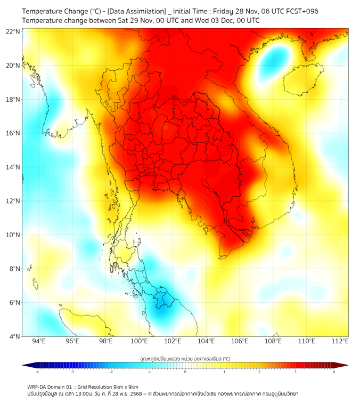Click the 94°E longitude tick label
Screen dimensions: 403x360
[x=39, y=341]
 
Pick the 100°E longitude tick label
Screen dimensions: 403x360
[x=139, y=341]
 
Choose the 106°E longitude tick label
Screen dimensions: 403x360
[x=239, y=341]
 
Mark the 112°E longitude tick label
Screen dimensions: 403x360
[x=340, y=341]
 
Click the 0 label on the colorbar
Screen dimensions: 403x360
[x=185, y=372]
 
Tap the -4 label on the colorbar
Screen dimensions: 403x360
[x=36, y=372]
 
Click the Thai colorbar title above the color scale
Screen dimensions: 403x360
[x=185, y=359]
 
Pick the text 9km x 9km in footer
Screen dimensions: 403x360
[x=126, y=387]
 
